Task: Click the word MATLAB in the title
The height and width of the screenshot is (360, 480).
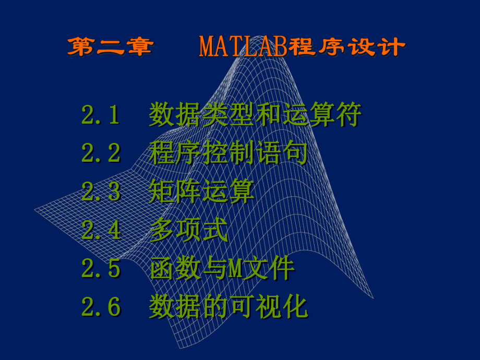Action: (244, 47)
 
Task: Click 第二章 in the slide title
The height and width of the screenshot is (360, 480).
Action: (111, 47)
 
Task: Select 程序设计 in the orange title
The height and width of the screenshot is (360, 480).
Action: (347, 47)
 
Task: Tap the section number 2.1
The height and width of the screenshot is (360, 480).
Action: (101, 115)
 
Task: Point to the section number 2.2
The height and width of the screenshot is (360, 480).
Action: (101, 154)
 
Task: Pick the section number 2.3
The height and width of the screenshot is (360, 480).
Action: (101, 193)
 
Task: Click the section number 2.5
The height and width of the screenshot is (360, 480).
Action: (101, 269)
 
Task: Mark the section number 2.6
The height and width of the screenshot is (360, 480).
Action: (101, 308)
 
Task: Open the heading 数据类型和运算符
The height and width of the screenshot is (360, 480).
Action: (255, 115)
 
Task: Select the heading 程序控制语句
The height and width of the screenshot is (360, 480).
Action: (228, 154)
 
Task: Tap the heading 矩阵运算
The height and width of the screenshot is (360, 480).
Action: (201, 193)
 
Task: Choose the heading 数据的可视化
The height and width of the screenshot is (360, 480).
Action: (228, 308)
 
